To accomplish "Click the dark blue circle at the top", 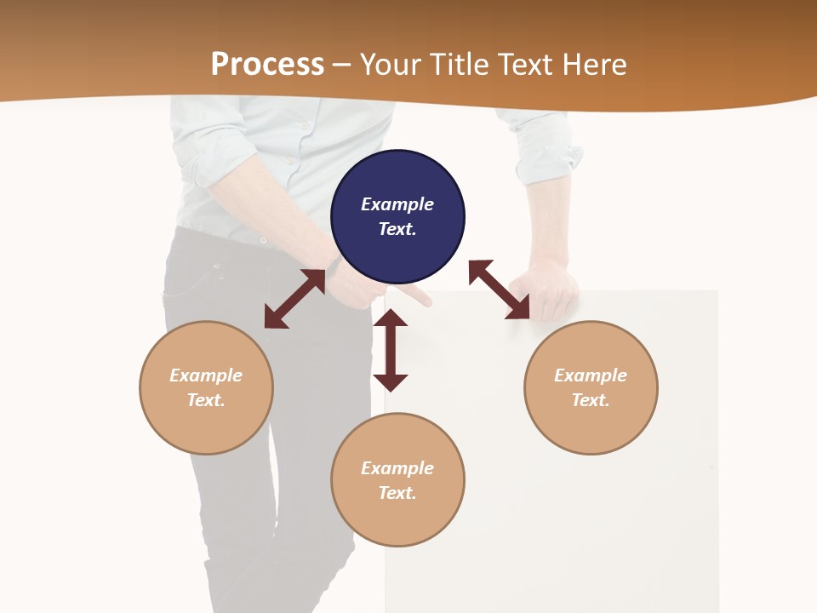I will click(397, 216).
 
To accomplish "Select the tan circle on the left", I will click(206, 387).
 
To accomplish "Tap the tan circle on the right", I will click(591, 387).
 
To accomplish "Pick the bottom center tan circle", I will click(397, 479).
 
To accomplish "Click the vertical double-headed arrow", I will click(391, 350).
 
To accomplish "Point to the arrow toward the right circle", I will click(500, 289).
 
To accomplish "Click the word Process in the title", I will click(267, 64).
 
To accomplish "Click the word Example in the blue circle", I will click(397, 204).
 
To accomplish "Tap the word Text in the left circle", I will click(206, 400).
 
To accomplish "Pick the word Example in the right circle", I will click(591, 375).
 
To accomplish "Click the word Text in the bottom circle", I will click(397, 493).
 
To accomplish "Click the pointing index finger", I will click(415, 296).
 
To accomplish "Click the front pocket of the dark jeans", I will click(191, 281).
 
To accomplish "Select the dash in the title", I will click(342, 65).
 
